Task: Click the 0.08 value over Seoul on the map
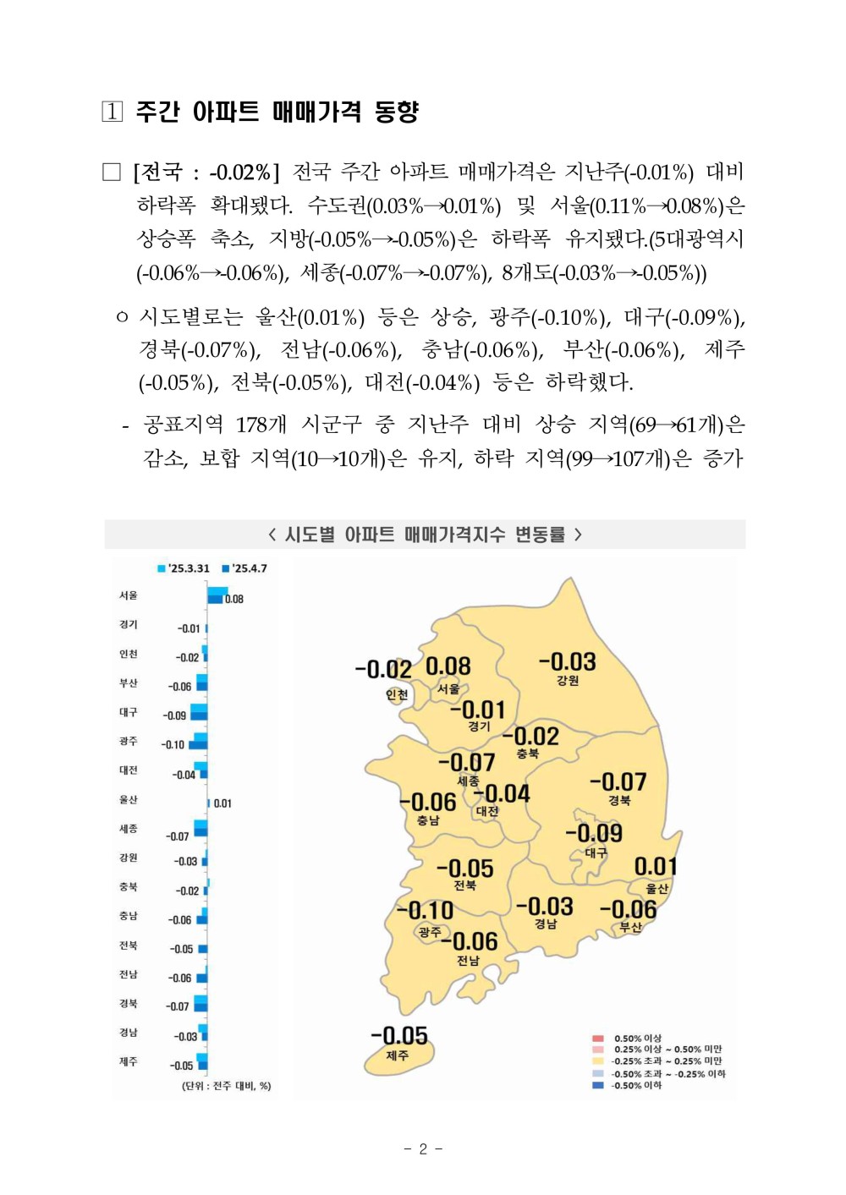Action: click(x=448, y=666)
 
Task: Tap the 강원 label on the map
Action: click(x=568, y=681)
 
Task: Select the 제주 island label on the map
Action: click(x=397, y=1055)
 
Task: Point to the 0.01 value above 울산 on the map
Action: click(x=656, y=867)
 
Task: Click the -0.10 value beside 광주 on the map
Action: click(x=425, y=911)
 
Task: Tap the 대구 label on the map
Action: click(x=596, y=853)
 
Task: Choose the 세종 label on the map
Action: click(x=468, y=781)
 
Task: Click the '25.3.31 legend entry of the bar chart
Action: click(x=184, y=568)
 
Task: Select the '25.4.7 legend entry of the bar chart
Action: click(x=244, y=568)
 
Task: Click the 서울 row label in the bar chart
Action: click(x=129, y=595)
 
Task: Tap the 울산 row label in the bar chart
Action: click(x=129, y=799)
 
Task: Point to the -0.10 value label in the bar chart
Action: click(x=173, y=745)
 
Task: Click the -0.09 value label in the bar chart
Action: click(x=174, y=715)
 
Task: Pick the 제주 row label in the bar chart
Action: click(x=129, y=1061)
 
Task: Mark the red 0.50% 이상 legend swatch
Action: click(x=598, y=1038)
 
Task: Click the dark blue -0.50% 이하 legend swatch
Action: click(x=598, y=1085)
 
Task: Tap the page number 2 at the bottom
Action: click(x=423, y=1148)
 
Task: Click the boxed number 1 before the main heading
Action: click(x=113, y=112)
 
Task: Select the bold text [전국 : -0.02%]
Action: click(x=206, y=173)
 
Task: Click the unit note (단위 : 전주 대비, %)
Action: click(x=226, y=1086)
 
